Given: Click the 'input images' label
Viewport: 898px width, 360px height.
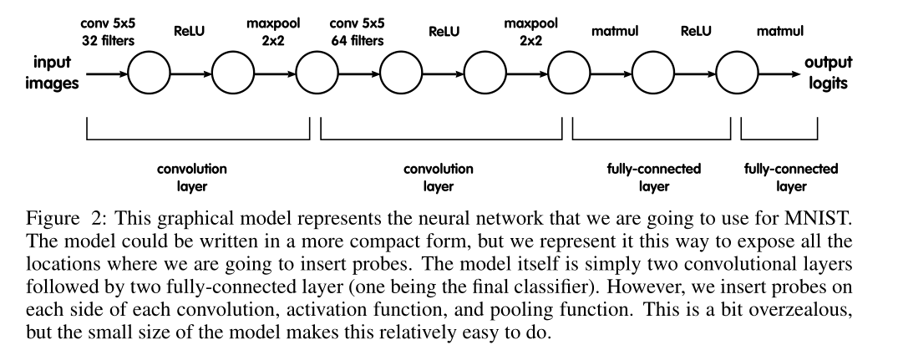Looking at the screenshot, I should pos(56,72).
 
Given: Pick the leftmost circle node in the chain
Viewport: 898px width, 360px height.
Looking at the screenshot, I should pos(149,73).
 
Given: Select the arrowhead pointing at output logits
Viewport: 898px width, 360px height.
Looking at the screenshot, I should pos(789,73).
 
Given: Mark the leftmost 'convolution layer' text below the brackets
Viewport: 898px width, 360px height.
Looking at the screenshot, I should pos(192,177).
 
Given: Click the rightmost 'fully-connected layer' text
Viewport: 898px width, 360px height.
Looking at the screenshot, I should pos(779,177).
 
